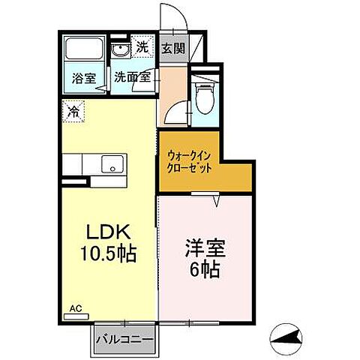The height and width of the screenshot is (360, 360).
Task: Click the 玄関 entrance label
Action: tap(172, 49)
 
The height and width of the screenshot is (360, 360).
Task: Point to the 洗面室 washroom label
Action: tap(131, 76)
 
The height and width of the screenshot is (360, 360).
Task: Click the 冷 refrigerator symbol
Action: tap(73, 111)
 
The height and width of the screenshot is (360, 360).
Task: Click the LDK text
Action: tap(109, 230)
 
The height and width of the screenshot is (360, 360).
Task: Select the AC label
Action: tap(76, 307)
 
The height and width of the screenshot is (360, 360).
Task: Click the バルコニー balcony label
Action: tap(126, 339)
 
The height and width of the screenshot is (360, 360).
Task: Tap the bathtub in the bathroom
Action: tap(85, 50)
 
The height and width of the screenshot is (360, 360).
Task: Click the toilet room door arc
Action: tap(174, 112)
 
